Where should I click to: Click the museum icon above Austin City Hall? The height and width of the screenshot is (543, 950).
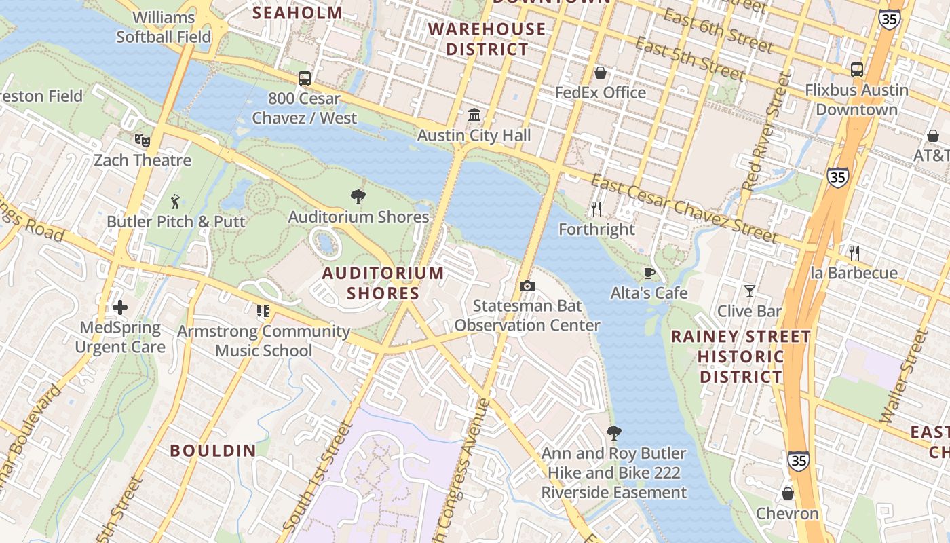click(474, 114)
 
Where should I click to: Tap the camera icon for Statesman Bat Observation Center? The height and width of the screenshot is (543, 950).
click(527, 286)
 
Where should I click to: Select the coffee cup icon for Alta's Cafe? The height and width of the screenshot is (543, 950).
click(649, 273)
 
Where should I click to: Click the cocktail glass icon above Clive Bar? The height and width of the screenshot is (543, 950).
click(749, 291)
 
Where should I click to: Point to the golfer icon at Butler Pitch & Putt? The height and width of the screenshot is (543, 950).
click(176, 202)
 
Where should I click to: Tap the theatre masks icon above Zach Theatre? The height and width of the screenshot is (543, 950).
click(142, 141)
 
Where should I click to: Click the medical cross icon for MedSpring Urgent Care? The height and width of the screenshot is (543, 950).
click(120, 307)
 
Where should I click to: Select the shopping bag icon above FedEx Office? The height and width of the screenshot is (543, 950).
click(601, 73)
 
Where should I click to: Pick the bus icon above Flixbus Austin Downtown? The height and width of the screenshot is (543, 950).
click(856, 70)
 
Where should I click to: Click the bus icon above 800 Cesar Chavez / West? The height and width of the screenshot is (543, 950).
click(305, 78)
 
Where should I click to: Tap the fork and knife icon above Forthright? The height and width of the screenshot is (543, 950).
click(596, 209)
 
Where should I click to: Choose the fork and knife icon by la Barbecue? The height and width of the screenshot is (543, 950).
click(854, 253)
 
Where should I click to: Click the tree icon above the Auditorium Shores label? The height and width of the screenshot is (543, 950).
click(358, 198)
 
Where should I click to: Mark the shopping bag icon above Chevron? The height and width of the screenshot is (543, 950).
click(788, 493)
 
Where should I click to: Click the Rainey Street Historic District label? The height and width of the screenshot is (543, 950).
click(741, 356)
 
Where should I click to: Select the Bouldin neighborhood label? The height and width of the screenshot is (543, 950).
click(213, 451)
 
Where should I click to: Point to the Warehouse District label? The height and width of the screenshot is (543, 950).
click(487, 39)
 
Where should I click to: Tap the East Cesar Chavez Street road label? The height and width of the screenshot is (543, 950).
click(684, 208)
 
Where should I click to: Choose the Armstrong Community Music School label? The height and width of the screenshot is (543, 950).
click(263, 341)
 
